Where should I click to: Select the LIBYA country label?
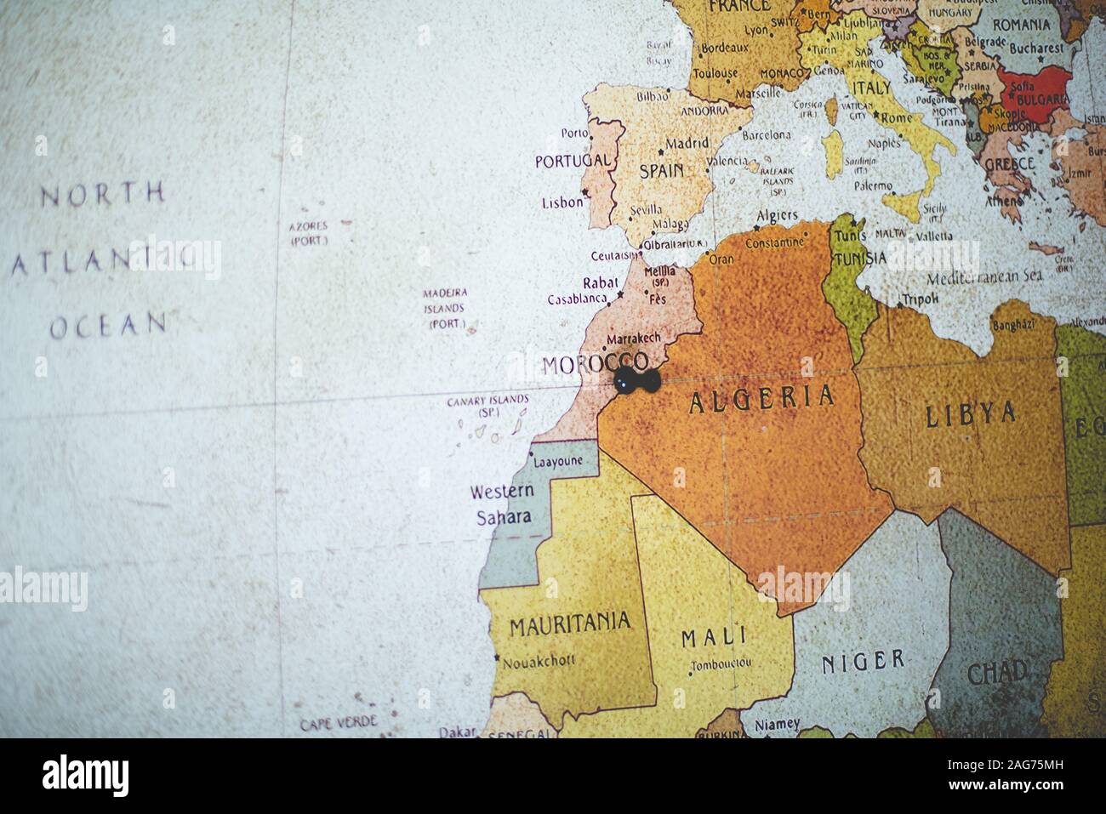[971, 414]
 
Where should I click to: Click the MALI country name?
[713, 635]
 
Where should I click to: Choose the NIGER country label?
[862, 661]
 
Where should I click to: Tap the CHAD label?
[996, 674]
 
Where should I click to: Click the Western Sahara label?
[503, 503]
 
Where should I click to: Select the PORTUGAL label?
[573, 160]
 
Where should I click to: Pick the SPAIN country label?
[661, 170]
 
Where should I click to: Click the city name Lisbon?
[562, 202]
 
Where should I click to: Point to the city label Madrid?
[687, 144]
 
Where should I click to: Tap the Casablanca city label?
[577, 299]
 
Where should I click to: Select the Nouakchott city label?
[539, 660]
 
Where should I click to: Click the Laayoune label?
[557, 462]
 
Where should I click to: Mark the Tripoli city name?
[921, 299]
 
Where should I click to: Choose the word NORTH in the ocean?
[102, 195]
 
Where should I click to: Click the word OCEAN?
[107, 325]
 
